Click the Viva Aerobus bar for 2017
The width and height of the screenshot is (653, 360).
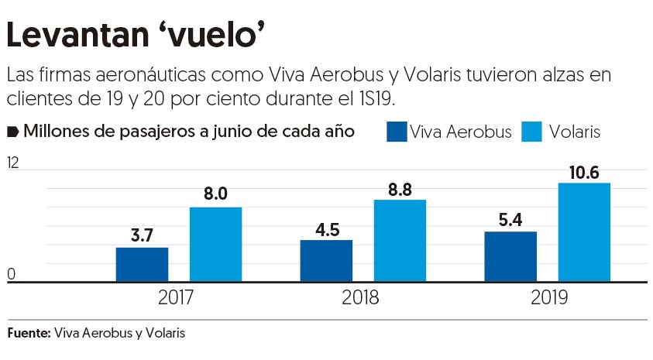[x=142, y=265]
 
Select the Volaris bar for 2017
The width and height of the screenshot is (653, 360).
[x=215, y=245]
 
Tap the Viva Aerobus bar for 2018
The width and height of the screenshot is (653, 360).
[x=326, y=261]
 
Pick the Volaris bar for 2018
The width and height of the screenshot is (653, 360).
[x=400, y=241]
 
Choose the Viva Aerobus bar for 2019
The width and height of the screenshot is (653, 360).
[x=510, y=257]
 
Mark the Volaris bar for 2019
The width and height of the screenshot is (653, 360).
[x=584, y=232]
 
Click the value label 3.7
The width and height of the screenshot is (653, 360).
[x=142, y=234]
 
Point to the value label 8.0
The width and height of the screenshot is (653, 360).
[x=215, y=194]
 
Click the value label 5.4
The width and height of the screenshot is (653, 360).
[x=510, y=218]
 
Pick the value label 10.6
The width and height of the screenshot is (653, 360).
[x=584, y=171]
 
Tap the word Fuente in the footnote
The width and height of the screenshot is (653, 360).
[x=28, y=334]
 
